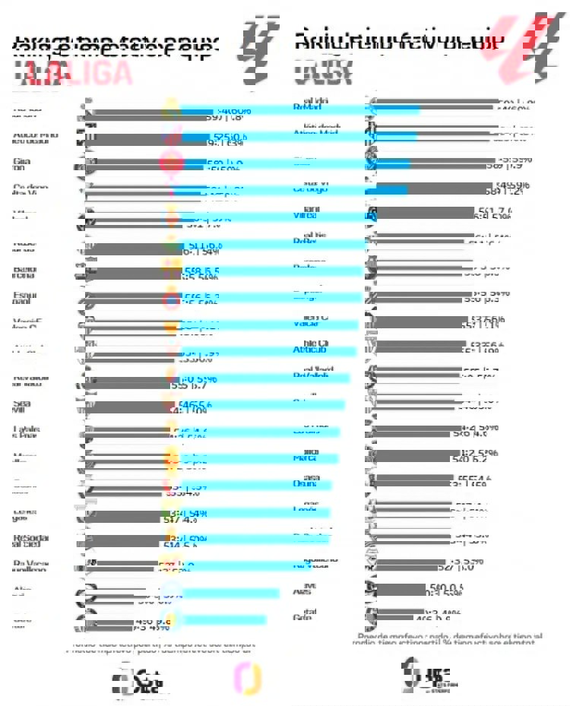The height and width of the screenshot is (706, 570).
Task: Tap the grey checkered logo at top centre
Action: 257,41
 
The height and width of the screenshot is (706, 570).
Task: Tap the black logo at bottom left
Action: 138,679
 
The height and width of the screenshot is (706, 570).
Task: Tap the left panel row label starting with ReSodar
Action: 31,542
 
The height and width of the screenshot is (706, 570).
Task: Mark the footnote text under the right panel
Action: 448,639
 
